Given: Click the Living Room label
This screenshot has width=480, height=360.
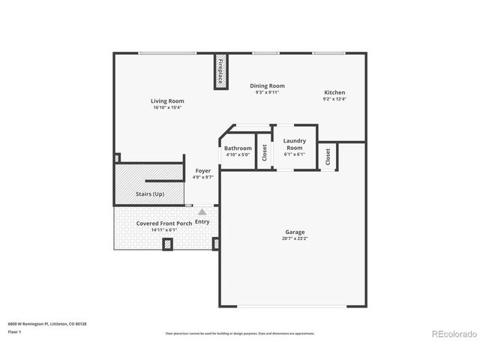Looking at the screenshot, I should (x=166, y=100).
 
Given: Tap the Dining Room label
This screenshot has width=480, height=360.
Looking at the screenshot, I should (x=267, y=85).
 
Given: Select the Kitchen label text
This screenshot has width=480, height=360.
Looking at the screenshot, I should (x=334, y=92).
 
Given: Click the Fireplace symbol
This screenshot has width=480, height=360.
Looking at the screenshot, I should (x=221, y=73).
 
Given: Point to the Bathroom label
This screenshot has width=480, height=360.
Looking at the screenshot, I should (x=238, y=148).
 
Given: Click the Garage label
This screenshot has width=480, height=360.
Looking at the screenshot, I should (x=295, y=232).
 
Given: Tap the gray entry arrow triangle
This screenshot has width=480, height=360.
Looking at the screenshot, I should (x=202, y=212).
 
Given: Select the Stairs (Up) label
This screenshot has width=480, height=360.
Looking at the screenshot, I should (x=150, y=194).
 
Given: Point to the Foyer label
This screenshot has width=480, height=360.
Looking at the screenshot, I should (x=203, y=171).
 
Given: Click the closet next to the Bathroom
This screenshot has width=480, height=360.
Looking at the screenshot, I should (x=264, y=152).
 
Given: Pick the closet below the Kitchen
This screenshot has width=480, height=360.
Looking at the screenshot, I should (x=328, y=157).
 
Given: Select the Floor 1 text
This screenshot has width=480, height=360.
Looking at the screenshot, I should (x=15, y=331).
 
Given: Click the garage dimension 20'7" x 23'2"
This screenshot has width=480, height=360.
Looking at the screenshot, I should (x=295, y=238).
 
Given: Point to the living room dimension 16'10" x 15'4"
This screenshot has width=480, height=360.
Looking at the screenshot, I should (x=166, y=107).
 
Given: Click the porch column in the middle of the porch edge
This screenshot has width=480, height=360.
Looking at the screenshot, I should (x=167, y=244).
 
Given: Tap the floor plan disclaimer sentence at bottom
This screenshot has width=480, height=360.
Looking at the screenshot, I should (x=240, y=333).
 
